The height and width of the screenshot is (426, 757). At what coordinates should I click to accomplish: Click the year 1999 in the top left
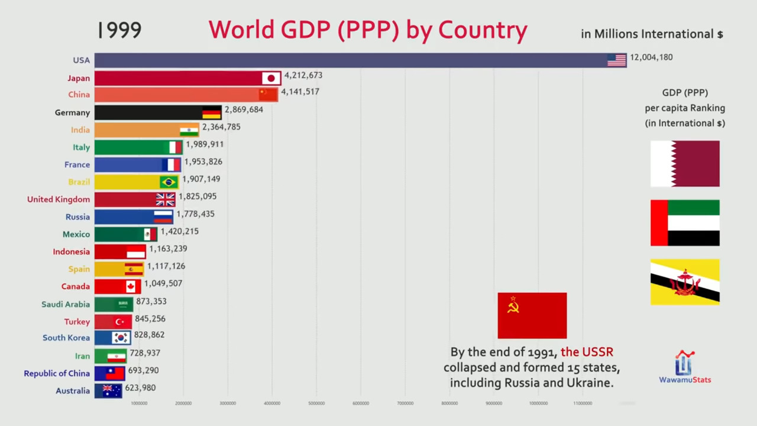[x=119, y=30]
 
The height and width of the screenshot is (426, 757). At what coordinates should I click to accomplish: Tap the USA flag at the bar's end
[x=616, y=60]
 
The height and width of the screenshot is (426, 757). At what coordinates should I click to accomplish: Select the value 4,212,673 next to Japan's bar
[x=303, y=75]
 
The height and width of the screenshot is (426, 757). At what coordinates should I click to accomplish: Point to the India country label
[x=80, y=130]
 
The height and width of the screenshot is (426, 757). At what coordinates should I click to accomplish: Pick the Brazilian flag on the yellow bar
[x=169, y=182]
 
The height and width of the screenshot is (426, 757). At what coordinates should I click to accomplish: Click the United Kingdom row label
[x=59, y=199]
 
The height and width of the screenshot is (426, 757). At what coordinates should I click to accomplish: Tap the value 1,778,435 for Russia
[x=195, y=214]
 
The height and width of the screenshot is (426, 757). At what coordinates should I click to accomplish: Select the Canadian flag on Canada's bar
[x=131, y=286]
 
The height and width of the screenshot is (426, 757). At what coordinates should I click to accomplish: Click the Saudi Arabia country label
[x=66, y=304]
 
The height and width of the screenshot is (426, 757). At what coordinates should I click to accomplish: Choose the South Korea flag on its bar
[x=121, y=338]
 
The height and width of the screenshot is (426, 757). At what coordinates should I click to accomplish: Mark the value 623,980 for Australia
[x=140, y=388]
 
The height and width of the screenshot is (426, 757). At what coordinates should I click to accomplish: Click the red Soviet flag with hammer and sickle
[x=532, y=315]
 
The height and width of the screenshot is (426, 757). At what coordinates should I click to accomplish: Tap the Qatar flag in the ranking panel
[x=685, y=163]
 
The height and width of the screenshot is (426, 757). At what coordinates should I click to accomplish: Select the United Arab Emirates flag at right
[x=685, y=222]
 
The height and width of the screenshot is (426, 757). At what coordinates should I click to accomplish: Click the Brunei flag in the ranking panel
[x=685, y=282]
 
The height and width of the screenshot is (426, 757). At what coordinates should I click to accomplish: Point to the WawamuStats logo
[x=685, y=367]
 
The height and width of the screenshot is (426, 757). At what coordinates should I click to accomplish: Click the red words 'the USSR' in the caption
[x=587, y=352]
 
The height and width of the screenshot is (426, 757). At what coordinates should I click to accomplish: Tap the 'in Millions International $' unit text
[x=652, y=34]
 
